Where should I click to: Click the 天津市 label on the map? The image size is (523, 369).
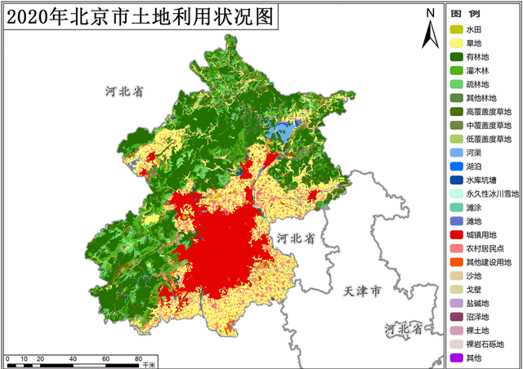coord(362,291)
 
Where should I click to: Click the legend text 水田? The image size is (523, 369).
coord(474,29)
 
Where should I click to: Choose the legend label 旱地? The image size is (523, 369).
coord(474,43)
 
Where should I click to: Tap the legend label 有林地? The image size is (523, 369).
coord(477,57)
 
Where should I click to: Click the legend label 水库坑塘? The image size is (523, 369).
coord(481,180)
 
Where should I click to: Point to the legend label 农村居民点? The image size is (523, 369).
coord(485,248)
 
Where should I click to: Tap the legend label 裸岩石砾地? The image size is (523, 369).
coord(485,344)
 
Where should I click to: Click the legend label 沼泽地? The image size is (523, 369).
coord(477,317)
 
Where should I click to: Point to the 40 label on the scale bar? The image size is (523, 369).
coord(73,359)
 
